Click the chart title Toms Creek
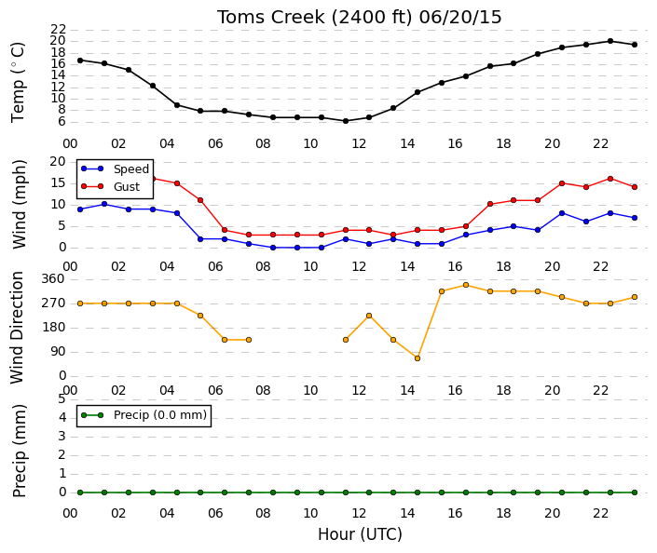click(x=270, y=18)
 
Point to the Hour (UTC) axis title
click(x=360, y=534)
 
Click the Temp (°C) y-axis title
click(x=19, y=83)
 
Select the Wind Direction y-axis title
click(x=17, y=328)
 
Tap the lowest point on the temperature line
click(x=346, y=121)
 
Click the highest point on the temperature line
click(x=610, y=41)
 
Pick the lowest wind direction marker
click(x=417, y=358)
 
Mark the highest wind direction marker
click(x=466, y=285)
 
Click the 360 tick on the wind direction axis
click(x=53, y=279)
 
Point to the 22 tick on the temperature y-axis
click(x=58, y=29)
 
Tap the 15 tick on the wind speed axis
click(x=58, y=183)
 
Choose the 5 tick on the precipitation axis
click(x=62, y=399)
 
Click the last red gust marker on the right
click(x=635, y=187)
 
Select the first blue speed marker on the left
click(x=80, y=209)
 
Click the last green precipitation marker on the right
click(x=635, y=492)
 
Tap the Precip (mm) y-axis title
click(x=20, y=451)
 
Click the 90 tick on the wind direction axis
click(x=58, y=352)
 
